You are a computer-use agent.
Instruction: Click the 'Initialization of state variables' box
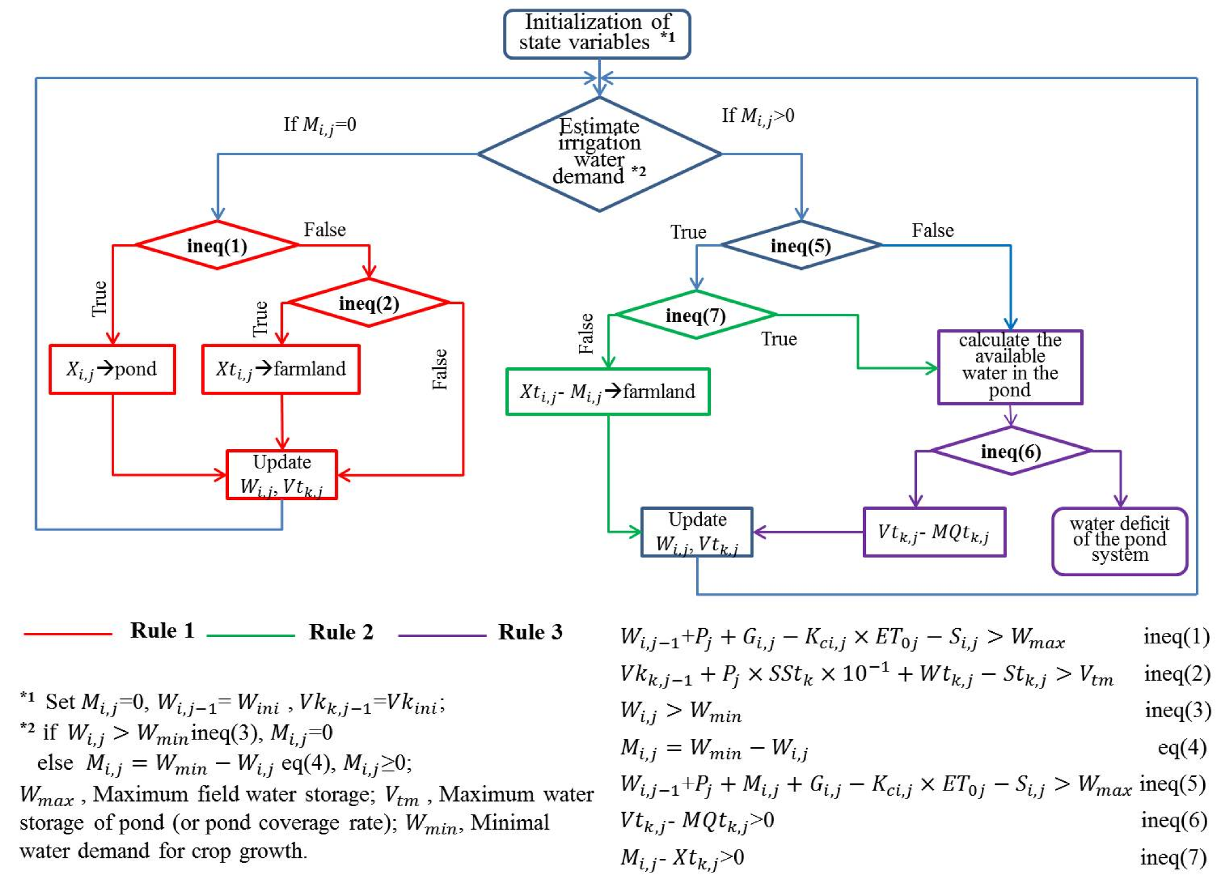coord(597,33)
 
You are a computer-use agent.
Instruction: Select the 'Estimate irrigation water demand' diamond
coord(599,153)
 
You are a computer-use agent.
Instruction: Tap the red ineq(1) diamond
coord(217,245)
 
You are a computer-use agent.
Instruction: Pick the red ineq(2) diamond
coord(368,303)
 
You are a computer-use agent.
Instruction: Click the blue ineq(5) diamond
coord(800,245)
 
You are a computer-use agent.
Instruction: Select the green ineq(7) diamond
coord(696,316)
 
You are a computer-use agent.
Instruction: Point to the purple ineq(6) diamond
coord(1011,451)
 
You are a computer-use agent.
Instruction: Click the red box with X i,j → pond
coord(112,369)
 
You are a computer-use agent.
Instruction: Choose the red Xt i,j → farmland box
coord(280,369)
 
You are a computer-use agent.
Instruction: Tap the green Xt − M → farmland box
coord(608,392)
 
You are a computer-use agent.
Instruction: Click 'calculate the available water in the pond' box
coord(1010,367)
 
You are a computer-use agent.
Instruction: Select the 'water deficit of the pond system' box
coord(1119,540)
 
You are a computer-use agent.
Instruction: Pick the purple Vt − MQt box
coord(934,532)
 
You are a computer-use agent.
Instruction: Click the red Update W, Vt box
coord(282,475)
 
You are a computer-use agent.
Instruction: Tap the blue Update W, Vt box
coord(697,532)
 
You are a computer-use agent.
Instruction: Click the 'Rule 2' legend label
coord(341,632)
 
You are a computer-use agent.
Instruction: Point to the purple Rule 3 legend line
coord(441,635)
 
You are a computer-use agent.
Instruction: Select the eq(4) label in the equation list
coord(1181,748)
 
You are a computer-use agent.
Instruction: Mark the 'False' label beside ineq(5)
coord(932,231)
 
